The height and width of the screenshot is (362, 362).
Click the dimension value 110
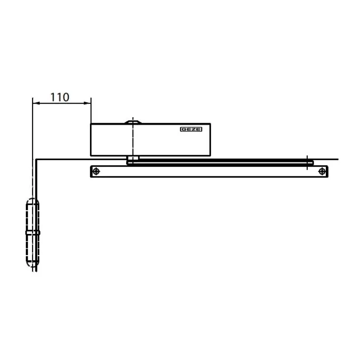60,97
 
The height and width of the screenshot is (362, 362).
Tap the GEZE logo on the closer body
191,129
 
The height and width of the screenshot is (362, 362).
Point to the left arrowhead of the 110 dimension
36,103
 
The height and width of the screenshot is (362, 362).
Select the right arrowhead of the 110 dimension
87,103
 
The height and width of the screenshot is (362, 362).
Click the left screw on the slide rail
96,171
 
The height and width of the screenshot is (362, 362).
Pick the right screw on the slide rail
322,171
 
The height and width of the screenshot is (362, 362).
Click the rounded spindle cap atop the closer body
133,122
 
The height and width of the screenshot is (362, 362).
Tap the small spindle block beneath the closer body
133,158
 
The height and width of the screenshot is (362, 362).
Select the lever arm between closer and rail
220,162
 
